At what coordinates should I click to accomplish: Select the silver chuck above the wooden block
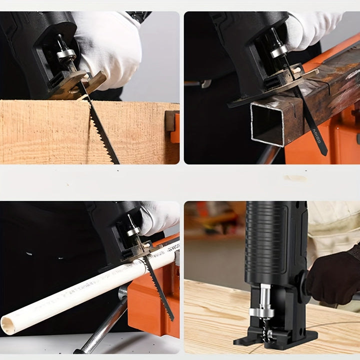pyautogui.click(x=65, y=53)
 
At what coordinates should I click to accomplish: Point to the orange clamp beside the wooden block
pyautogui.click(x=173, y=127)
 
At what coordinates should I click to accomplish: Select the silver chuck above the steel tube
pyautogui.click(x=278, y=50)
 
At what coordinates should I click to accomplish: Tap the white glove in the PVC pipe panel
pyautogui.click(x=159, y=217)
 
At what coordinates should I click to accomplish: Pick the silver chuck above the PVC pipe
pyautogui.click(x=133, y=230)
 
